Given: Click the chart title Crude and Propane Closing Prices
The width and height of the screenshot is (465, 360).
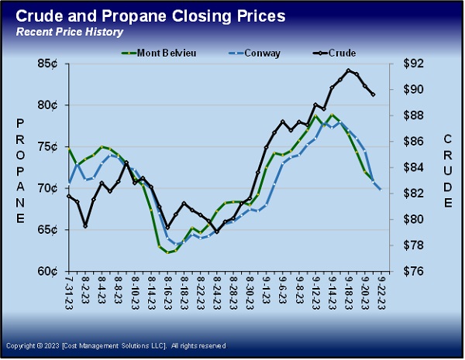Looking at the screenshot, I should (150, 15).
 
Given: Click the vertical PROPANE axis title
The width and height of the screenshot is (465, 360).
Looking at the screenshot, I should (20, 171).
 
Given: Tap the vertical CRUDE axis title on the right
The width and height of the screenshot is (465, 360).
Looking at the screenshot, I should (449, 171).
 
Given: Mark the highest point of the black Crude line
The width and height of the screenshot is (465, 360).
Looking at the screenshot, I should (349, 70).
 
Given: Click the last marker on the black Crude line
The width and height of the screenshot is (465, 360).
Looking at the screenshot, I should (374, 94).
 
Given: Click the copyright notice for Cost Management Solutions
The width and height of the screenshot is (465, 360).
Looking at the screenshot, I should (116, 345).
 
